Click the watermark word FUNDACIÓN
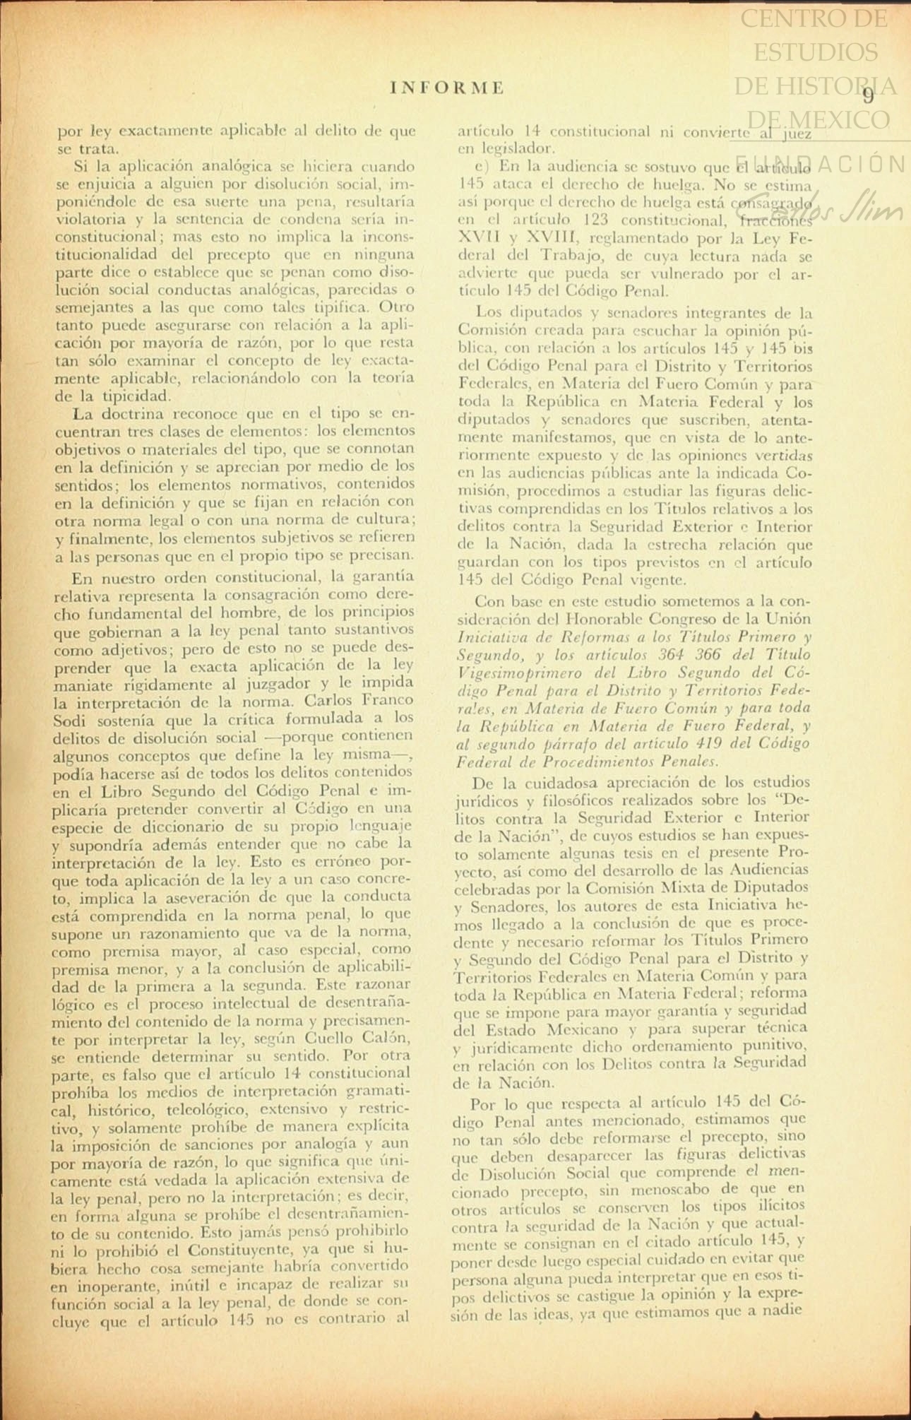[820, 164]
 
